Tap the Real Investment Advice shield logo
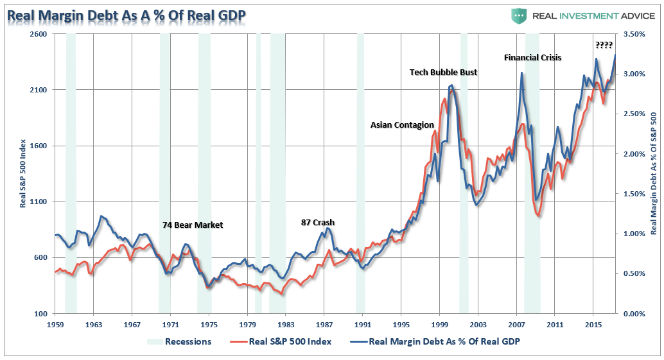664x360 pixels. tap(519, 15)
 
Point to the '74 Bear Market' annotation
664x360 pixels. tap(192, 225)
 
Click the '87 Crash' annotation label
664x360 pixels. tap(318, 223)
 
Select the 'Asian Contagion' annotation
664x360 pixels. tap(402, 125)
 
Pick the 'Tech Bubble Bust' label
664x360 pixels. tap(443, 73)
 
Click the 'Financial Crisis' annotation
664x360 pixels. tap(532, 58)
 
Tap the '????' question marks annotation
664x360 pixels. tap(604, 45)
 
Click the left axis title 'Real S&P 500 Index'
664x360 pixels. tap(23, 173)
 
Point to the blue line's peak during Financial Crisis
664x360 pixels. tap(521, 73)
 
